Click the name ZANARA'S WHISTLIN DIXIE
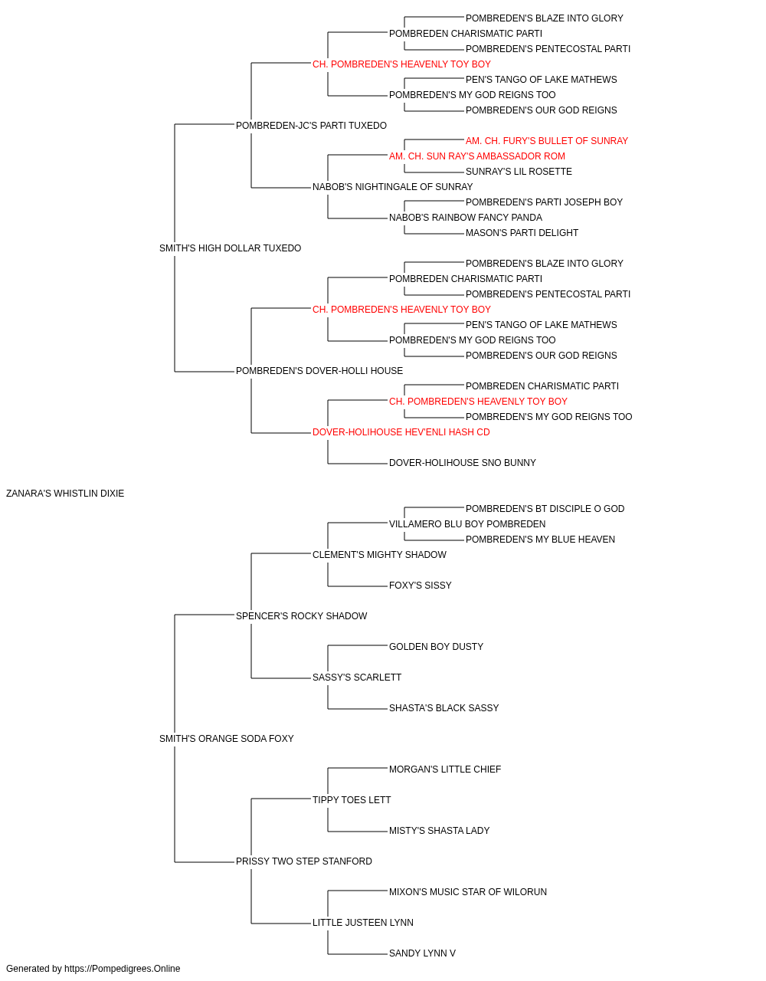coord(65,494)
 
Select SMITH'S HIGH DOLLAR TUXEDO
coord(230,248)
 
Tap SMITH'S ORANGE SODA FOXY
coord(227,739)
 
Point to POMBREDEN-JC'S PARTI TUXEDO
coord(311,126)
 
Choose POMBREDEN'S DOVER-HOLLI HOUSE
coord(319,371)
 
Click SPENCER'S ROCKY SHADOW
coord(301,615)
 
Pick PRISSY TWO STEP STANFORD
coord(304,861)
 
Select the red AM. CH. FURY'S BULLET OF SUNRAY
coord(547,141)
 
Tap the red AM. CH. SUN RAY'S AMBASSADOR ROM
coord(476,156)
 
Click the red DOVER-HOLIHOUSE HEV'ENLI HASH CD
coord(401,432)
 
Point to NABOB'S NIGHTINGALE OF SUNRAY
coord(392,187)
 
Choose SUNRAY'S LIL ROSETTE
coord(519,172)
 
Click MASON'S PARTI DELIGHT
coord(522,233)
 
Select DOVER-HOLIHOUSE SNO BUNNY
coord(463,463)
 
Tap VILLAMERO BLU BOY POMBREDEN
coord(467,524)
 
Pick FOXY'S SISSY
coord(420,586)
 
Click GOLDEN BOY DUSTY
coord(436,647)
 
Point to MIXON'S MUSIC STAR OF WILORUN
coord(468,891)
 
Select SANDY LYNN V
coord(422,953)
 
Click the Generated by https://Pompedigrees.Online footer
coord(93,969)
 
